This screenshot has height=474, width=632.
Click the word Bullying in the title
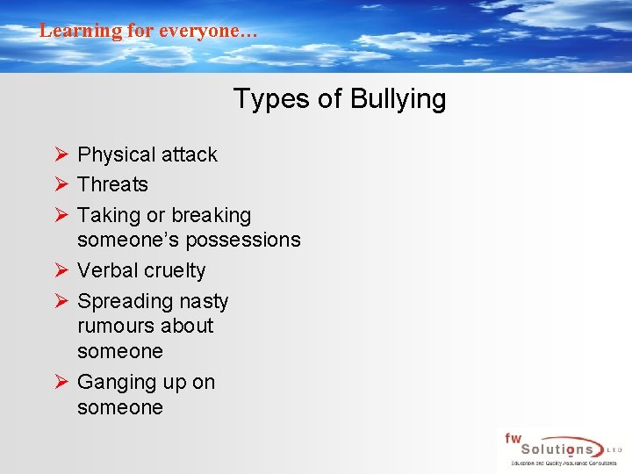coord(398,99)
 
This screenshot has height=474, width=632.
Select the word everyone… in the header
coord(208,31)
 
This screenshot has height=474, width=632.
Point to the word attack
coord(189,154)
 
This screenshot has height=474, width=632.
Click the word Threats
coord(112,184)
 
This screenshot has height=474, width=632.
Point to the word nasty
coord(202,301)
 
